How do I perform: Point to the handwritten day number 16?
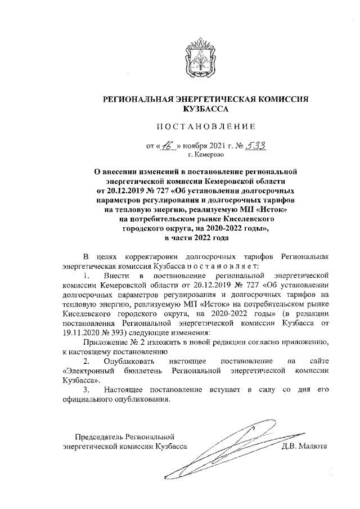point(168,146)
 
